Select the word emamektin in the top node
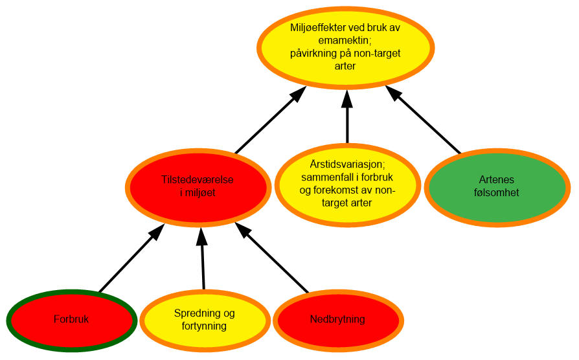(345, 42)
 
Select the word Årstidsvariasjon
(348, 164)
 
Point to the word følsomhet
(497, 192)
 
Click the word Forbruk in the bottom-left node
(71, 319)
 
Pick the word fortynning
(205, 326)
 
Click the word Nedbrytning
(337, 319)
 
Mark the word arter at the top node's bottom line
(345, 66)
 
